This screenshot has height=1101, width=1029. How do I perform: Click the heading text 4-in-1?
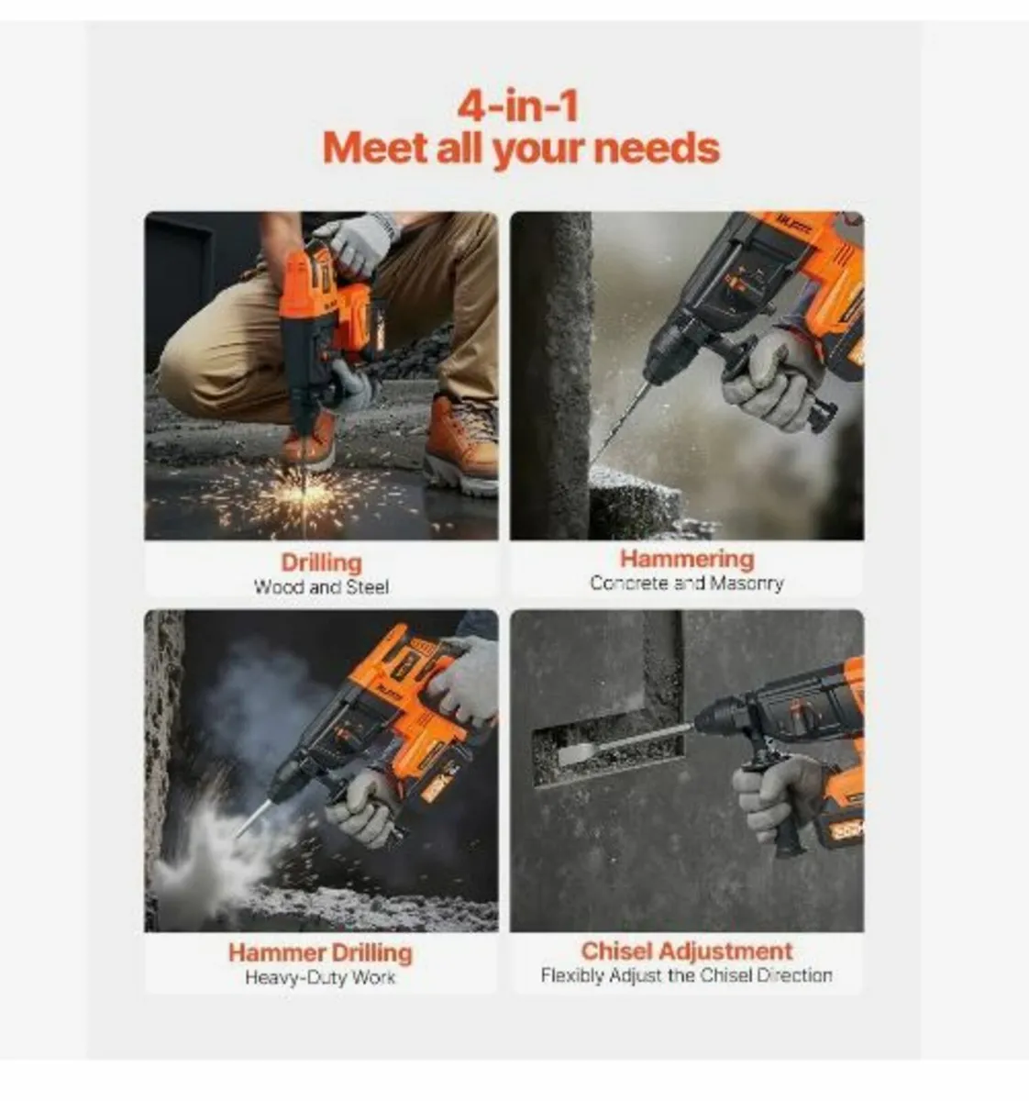point(518,106)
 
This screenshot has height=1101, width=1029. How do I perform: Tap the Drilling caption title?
point(321,562)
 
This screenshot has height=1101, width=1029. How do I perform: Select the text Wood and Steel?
point(321,587)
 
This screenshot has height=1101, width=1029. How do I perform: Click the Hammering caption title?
point(686,559)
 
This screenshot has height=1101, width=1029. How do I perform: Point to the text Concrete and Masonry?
point(686,584)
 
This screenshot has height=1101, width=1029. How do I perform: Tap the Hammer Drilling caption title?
point(320,952)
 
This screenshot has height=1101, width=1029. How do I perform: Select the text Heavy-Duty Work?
point(320,978)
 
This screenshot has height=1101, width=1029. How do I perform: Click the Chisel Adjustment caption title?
point(686,951)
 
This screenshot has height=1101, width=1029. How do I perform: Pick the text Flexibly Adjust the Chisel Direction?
point(686,976)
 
